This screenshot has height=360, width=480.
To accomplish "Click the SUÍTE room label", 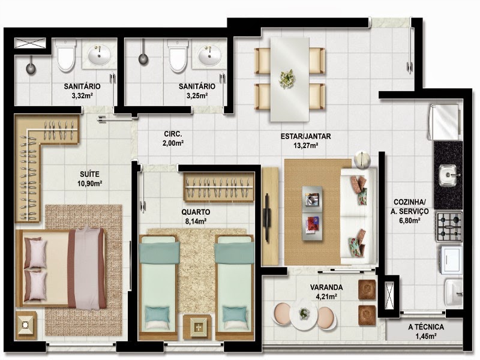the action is (x=89, y=174).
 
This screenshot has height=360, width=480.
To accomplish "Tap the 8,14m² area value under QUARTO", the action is (x=196, y=221).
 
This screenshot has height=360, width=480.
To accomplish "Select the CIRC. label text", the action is (x=173, y=134).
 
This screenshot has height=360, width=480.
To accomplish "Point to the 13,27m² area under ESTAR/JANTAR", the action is (x=305, y=145).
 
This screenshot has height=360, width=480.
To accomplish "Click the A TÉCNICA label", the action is (x=426, y=327).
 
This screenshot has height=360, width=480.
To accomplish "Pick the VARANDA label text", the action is (x=326, y=287).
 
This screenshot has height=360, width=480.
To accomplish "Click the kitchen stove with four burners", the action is (x=449, y=227).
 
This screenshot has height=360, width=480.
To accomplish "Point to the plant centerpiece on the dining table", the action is (x=287, y=79).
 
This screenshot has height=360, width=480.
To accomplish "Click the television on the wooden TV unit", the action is (x=266, y=217).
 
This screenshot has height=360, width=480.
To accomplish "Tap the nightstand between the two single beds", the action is (x=197, y=327).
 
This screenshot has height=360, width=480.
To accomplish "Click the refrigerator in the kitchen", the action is (x=445, y=122).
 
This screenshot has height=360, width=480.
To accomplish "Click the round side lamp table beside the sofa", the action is (x=362, y=160).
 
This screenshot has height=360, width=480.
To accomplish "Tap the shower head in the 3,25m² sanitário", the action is (x=143, y=59).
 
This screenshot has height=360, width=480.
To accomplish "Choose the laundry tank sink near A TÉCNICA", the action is (x=453, y=293).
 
